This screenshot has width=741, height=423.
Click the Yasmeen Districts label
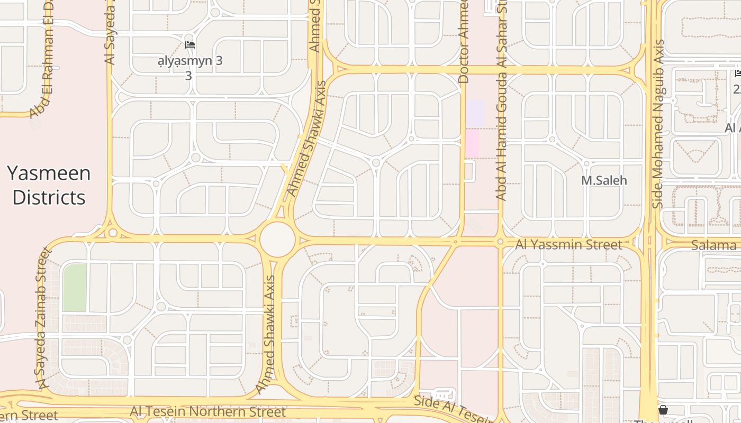pyautogui.click(x=49, y=185)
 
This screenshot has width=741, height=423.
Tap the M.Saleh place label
pyautogui.click(x=604, y=180)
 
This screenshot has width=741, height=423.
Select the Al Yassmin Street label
pyautogui.click(x=568, y=245)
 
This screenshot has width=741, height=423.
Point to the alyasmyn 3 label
pyautogui.click(x=190, y=61)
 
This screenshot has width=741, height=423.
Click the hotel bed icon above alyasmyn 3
pyautogui.click(x=190, y=45)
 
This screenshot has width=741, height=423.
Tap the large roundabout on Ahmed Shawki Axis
pyautogui.click(x=277, y=240)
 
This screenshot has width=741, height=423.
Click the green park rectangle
pyautogui.click(x=75, y=288)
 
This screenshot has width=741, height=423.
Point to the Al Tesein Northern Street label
pyautogui.click(x=207, y=411)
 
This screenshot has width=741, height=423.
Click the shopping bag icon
pyautogui.click(x=663, y=410)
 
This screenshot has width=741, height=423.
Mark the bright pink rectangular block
pyautogui.click(x=472, y=143)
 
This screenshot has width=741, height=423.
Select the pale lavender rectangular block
pyautogui.click(x=475, y=113)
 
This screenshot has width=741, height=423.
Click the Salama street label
pyautogui.click(x=713, y=245)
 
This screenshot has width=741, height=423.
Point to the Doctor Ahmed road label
pyautogui.click(x=463, y=42)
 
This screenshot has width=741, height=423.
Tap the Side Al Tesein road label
pyautogui.click(x=453, y=408)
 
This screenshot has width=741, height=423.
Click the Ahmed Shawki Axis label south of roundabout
pyautogui.click(x=267, y=335)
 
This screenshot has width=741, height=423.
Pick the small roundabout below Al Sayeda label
pyautogui.click(x=112, y=233)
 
